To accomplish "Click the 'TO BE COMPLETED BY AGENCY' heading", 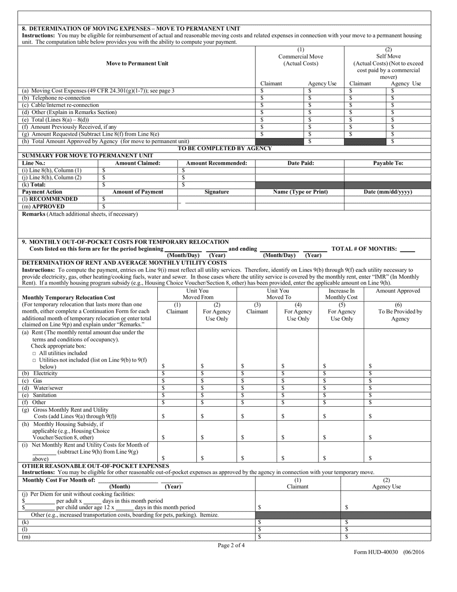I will coord(225,148).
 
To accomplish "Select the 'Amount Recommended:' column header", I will coord(216,163).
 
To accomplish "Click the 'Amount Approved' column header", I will coord(397,291).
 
